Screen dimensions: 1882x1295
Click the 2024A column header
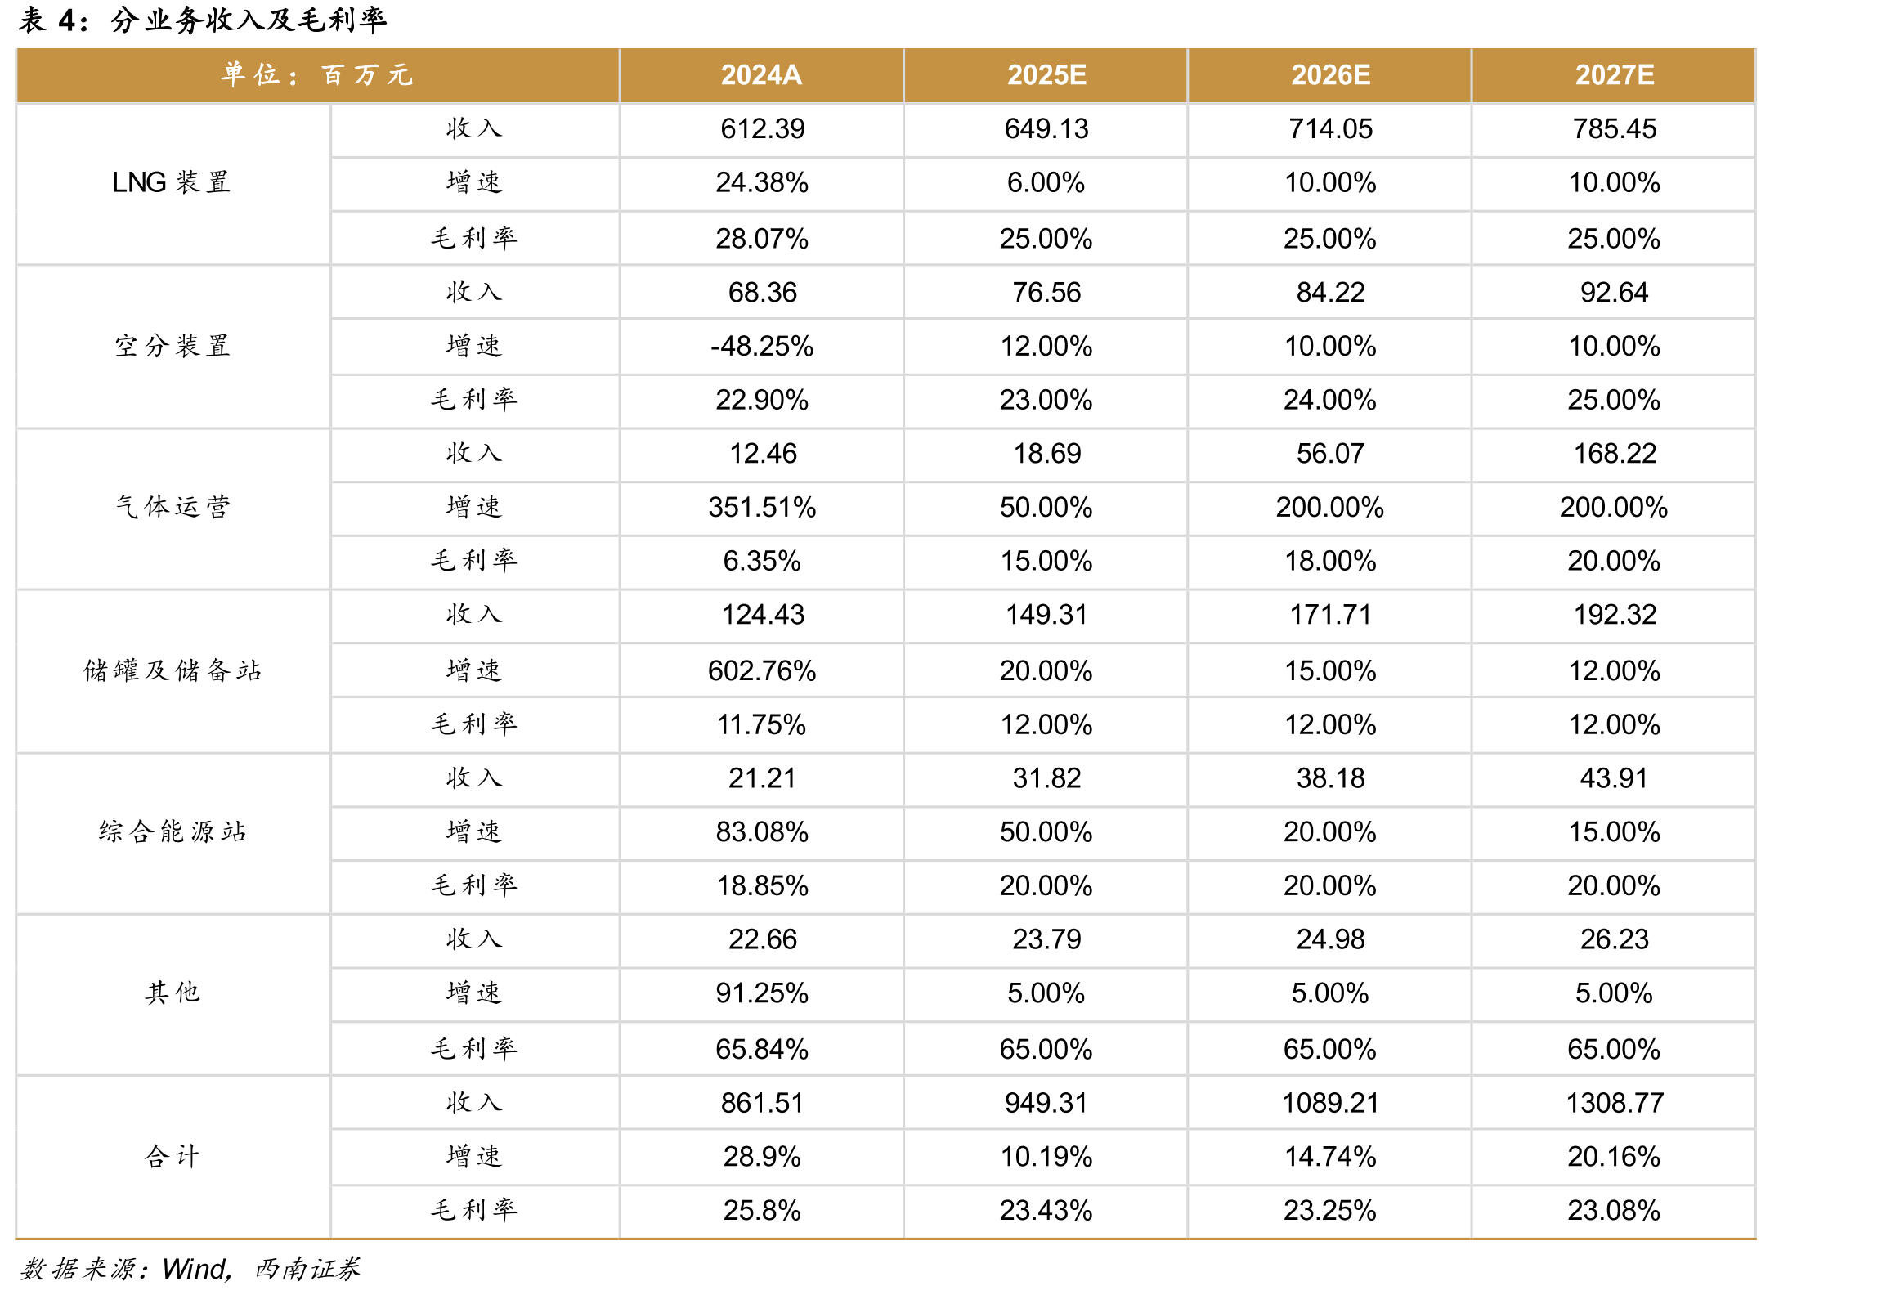[x=761, y=75]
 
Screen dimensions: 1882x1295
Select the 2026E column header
[x=1330, y=75]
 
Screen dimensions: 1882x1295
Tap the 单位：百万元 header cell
[x=317, y=75]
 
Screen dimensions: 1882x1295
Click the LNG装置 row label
[x=172, y=182]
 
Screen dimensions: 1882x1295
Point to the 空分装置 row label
[x=172, y=346]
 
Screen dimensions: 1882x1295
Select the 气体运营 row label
[x=172, y=507]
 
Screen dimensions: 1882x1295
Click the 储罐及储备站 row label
[x=172, y=670]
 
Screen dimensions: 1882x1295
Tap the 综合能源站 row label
[x=172, y=831]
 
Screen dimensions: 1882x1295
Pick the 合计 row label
[x=172, y=1156]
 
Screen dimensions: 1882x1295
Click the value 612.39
[x=762, y=128]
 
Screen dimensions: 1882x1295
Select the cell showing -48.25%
[x=762, y=346]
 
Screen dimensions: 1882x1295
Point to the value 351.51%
[x=762, y=507]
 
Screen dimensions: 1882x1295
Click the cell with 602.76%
[x=762, y=670]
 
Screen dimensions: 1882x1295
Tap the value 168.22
[x=1615, y=453]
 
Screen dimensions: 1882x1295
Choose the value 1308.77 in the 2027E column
[x=1615, y=1103]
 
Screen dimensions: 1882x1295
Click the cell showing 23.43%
[x=1046, y=1210]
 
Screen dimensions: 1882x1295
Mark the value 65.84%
[x=762, y=1049]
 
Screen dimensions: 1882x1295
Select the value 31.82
[x=1046, y=777]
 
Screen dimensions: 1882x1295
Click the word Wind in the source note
[x=195, y=1269]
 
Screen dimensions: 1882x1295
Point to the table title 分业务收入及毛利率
[x=249, y=20]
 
